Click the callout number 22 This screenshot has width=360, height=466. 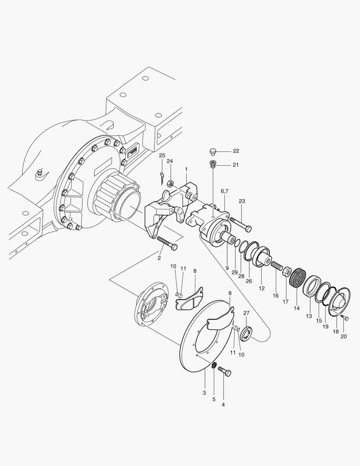coord(236,151)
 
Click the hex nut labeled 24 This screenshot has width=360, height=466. coord(170,183)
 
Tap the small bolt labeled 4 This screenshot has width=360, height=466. coord(225,372)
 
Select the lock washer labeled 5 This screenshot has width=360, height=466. coord(213,367)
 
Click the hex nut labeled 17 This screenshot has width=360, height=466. coord(286,272)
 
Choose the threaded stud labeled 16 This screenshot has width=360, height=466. coord(276,266)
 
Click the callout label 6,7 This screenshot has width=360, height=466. coord(224,191)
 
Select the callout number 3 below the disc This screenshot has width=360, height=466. coord(204,393)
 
